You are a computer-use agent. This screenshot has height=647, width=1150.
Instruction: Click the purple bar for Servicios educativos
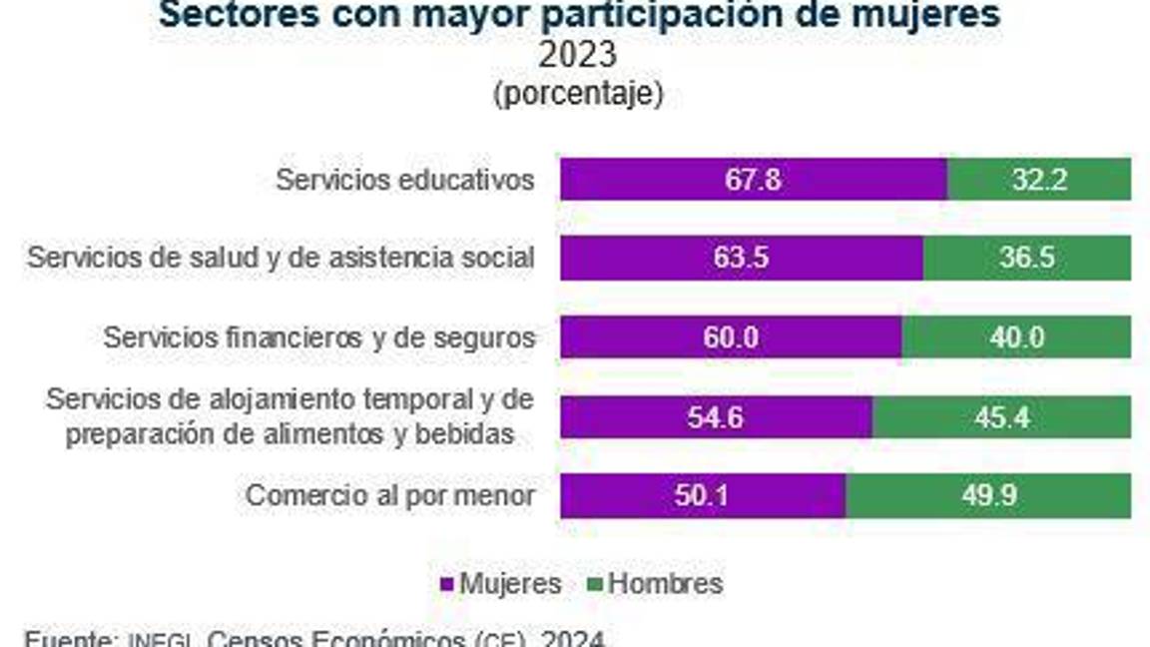point(753,180)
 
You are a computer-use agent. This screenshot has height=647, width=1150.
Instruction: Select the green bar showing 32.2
point(1038,180)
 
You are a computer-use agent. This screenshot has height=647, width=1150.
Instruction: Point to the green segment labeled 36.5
point(1026,259)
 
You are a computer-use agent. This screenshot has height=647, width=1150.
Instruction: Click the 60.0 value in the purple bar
point(731,337)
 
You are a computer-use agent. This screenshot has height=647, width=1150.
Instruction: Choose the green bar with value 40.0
point(1016,337)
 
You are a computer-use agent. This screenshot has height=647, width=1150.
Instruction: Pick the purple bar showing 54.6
point(716,416)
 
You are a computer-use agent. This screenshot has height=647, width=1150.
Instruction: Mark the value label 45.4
point(1003,416)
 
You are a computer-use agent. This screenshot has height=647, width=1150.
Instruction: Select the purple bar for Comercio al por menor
point(703,496)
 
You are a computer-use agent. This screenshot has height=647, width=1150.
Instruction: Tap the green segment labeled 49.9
point(988,496)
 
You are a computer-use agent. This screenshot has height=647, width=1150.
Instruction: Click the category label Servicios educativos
point(405,181)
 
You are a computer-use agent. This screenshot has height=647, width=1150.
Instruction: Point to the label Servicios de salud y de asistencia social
point(281,259)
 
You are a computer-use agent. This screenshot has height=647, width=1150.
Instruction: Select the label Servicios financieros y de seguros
point(319,337)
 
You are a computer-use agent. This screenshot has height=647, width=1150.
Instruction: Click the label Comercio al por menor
point(390,496)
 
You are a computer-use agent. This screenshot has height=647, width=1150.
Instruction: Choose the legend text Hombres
point(665,584)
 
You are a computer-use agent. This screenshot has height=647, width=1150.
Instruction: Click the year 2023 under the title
point(577,55)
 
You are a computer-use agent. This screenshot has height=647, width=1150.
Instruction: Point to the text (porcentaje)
point(577,94)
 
